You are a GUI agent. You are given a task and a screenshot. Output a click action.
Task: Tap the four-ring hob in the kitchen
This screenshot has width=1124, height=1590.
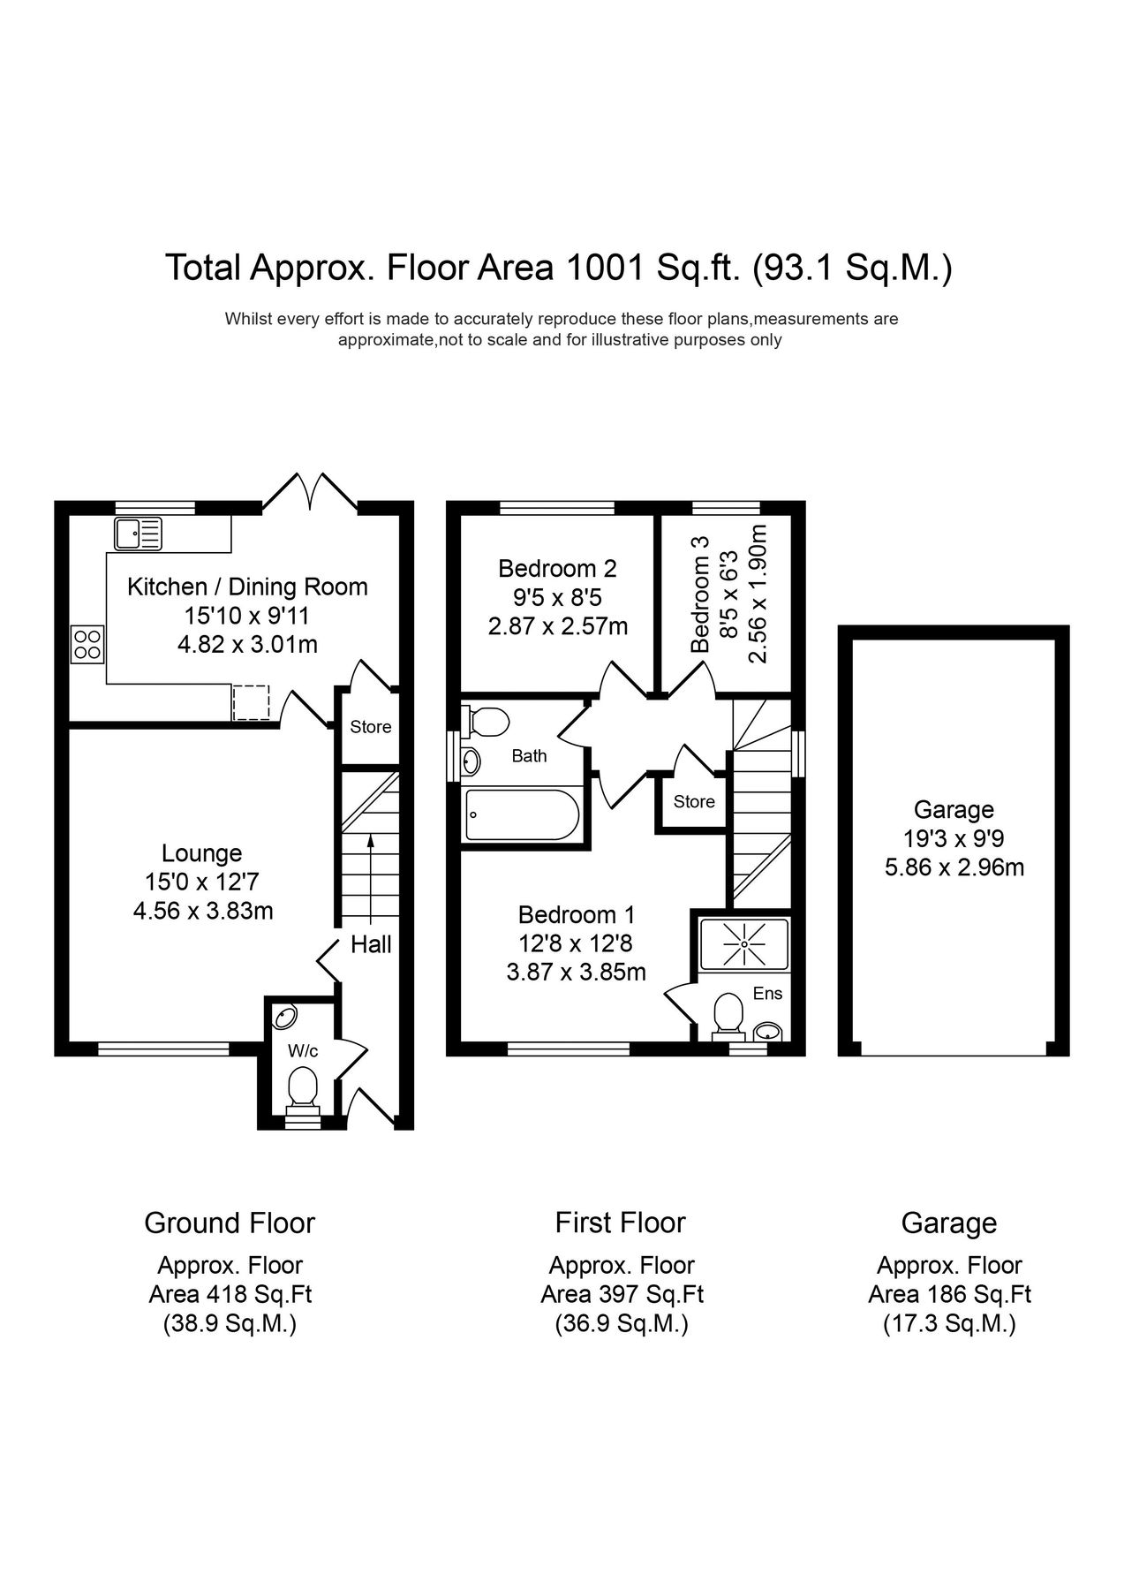pos(87,643)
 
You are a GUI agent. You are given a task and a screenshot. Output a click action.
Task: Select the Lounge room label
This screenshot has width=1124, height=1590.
pos(201,853)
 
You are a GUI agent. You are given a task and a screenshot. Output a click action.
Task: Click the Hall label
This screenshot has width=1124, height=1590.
pos(371,944)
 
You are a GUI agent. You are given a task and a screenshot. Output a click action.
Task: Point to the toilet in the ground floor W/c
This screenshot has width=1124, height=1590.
pos(303,1088)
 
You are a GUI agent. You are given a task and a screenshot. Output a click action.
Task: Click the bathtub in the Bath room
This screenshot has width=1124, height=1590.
pos(521,814)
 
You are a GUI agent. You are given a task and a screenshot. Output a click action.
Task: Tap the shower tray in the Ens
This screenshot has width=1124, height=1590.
pos(743,944)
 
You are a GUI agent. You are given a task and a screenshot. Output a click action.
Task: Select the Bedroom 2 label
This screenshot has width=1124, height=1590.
pos(557,568)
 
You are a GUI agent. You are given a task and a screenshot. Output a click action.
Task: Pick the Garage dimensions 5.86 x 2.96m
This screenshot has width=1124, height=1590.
pos(954,867)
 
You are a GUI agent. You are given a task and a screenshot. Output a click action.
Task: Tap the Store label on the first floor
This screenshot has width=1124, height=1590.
pos(694,801)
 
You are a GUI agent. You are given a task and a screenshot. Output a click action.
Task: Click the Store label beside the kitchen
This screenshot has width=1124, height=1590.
pos(370,727)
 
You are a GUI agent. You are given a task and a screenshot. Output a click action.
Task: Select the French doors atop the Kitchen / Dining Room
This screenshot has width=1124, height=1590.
pos(309,493)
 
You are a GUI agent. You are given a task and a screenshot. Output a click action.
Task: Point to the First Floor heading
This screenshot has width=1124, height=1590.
pos(620,1223)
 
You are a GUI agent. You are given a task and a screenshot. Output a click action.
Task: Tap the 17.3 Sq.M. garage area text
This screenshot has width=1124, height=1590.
pos(949,1324)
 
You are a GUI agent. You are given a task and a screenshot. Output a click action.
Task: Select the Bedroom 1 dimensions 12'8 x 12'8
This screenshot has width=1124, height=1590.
pos(576,943)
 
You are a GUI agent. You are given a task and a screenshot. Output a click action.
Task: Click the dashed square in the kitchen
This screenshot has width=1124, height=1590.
pos(250,702)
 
